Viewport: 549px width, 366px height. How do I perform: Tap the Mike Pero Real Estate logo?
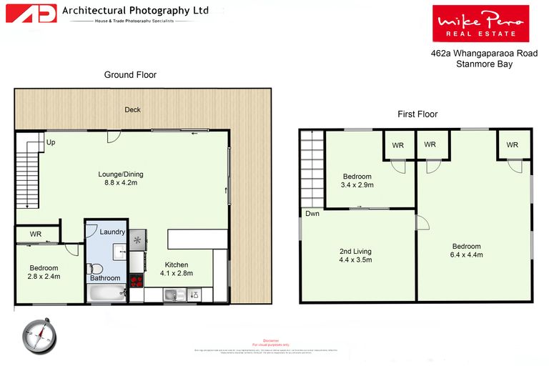click(480, 24)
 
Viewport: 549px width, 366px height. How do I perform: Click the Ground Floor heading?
click(130, 75)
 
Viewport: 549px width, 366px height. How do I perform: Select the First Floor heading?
click(417, 114)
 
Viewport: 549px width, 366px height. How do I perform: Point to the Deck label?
click(132, 109)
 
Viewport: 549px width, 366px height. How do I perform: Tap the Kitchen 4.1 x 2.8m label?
click(175, 269)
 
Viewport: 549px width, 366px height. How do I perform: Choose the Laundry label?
click(112, 232)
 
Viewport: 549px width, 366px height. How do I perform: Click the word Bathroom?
click(105, 278)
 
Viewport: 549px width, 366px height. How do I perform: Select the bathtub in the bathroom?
click(106, 292)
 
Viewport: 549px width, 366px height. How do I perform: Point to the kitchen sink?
click(172, 294)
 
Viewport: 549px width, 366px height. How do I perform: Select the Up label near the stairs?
click(51, 142)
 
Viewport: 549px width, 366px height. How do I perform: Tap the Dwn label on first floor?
click(312, 214)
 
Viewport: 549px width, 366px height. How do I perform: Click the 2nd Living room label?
click(355, 255)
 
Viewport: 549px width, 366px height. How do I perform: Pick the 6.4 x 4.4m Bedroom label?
click(466, 250)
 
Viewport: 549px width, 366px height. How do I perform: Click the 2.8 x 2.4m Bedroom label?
click(43, 272)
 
